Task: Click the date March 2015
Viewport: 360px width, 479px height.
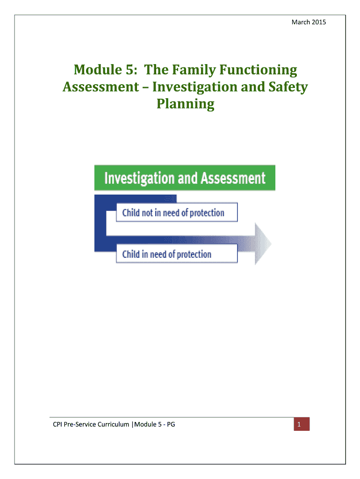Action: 309,22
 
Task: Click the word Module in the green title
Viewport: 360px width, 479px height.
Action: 98,69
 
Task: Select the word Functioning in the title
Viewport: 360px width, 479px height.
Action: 258,70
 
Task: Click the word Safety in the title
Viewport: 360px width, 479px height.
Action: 288,87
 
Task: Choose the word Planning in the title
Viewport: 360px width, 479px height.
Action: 185,104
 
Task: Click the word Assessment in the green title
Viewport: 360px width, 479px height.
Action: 101,87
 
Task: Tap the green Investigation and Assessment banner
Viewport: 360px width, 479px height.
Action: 185,178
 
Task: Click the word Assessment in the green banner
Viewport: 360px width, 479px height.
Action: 233,178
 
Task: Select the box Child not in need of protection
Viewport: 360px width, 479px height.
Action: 177,212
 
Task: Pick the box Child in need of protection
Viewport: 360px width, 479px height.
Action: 177,254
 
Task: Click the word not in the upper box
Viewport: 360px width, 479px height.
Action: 147,213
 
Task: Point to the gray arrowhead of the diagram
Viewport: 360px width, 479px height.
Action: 262,244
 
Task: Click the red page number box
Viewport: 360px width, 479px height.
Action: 302,424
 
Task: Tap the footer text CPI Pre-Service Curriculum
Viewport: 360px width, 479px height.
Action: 91,424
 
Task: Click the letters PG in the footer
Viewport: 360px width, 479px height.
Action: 171,424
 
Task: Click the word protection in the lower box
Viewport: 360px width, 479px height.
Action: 194,254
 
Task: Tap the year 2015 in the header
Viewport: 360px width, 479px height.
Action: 319,22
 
